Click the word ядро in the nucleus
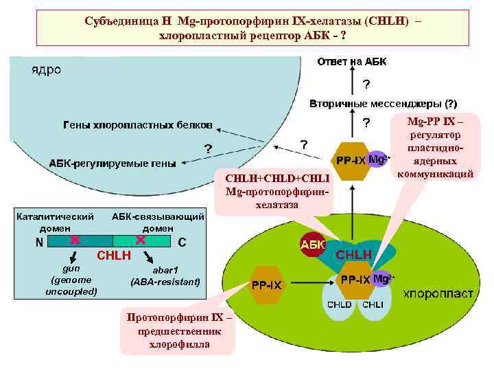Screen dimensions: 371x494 point(46,70)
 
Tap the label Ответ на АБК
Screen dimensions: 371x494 point(351,63)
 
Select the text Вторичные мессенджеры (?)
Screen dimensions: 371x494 point(383,104)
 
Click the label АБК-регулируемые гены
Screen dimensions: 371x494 point(112,164)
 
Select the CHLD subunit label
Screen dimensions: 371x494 point(339,304)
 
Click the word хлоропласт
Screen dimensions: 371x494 point(438,293)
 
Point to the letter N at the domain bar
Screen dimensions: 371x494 point(39,242)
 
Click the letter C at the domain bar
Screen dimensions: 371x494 point(182,242)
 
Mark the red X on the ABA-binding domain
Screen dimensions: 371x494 point(140,240)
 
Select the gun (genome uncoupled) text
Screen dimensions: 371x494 point(71,280)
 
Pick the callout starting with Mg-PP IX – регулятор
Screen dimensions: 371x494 point(435,148)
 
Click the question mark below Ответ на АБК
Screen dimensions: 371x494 point(366,85)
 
